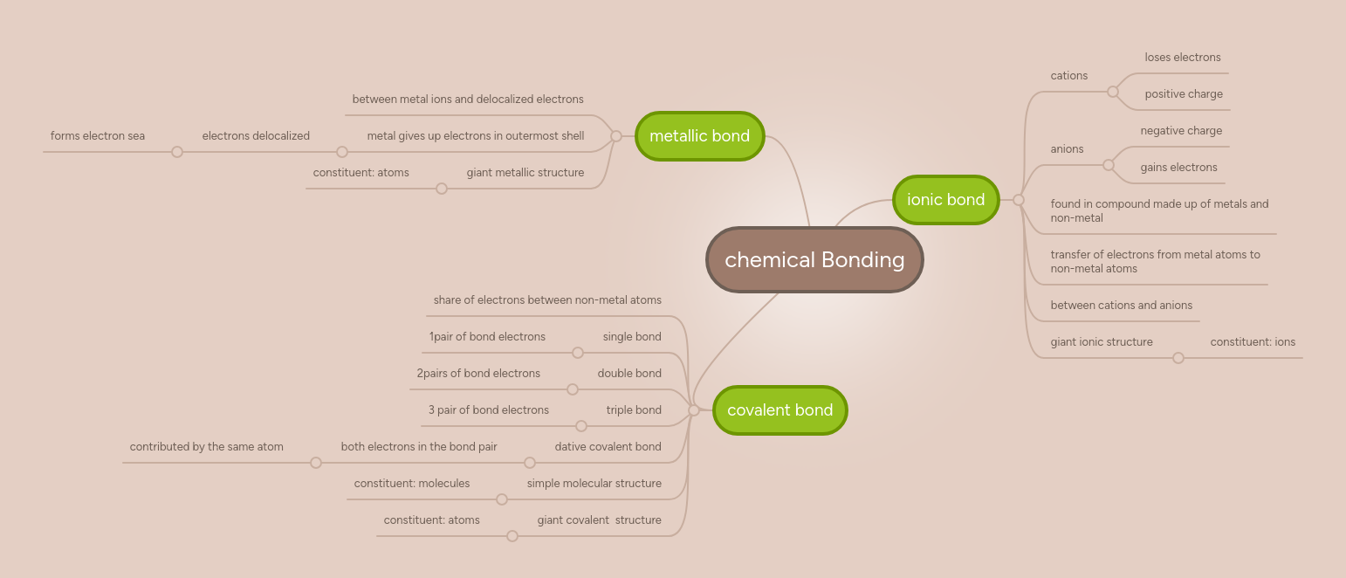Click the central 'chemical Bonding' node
tap(814, 260)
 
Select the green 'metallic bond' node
tap(699, 136)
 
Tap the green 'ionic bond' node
tap(945, 200)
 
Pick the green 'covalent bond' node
tap(779, 410)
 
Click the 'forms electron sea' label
tap(98, 136)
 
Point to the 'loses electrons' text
tap(1183, 58)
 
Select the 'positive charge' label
tap(1184, 94)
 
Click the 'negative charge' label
tap(1181, 131)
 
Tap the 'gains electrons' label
tap(1178, 168)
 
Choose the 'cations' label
tap(1069, 76)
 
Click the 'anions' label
tap(1067, 149)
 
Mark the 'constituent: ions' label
tap(1253, 342)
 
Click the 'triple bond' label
tap(634, 410)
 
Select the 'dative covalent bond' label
tap(608, 447)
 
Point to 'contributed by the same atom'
tap(207, 447)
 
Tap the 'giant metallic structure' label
tap(525, 173)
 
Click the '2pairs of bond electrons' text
tap(478, 374)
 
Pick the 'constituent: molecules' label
tap(412, 484)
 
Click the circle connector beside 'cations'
tap(1112, 92)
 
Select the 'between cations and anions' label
tap(1121, 306)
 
